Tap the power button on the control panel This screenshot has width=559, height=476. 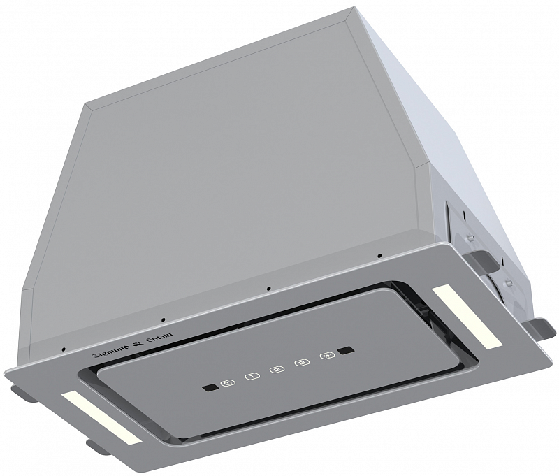click(x=226, y=384)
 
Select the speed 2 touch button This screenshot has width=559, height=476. click(x=276, y=370)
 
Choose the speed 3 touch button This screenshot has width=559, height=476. click(x=301, y=363)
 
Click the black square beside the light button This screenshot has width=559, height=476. click(x=344, y=350)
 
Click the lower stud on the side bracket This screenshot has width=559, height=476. click(x=509, y=282)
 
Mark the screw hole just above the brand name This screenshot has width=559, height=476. click(x=163, y=320)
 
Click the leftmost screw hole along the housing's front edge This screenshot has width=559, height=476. click(x=63, y=349)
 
